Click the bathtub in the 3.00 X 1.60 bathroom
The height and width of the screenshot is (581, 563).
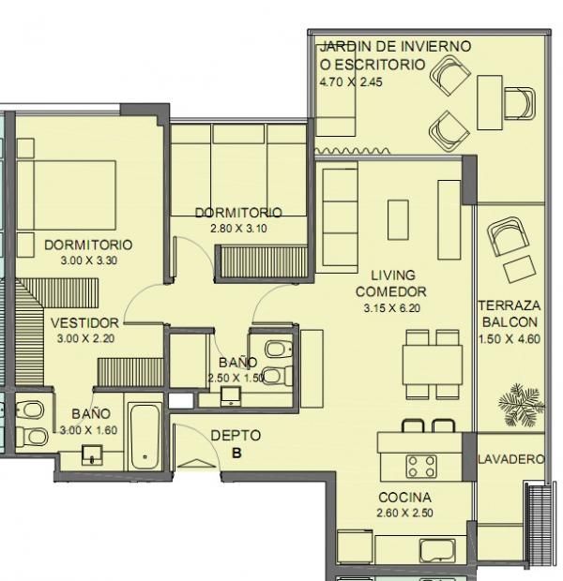(145, 438)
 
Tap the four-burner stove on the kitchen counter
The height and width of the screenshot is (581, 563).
(421, 466)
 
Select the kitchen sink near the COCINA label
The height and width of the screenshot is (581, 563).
(437, 550)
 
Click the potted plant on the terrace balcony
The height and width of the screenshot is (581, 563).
(522, 406)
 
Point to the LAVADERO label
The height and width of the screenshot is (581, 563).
(511, 459)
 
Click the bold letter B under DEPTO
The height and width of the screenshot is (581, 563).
(236, 453)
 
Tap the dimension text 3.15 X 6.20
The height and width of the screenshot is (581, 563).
(391, 308)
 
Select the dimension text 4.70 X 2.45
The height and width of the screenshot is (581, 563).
(351, 82)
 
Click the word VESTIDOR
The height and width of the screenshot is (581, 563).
(84, 323)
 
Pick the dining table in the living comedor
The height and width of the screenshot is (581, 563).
(433, 365)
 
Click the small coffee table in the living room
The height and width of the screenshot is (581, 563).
(398, 219)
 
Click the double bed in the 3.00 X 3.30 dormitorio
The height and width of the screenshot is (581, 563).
(67, 195)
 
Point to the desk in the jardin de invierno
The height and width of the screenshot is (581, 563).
(490, 103)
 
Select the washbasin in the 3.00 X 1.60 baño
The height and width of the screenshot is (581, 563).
(92, 454)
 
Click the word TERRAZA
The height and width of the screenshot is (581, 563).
(510, 305)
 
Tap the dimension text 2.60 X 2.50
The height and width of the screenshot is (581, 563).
(405, 513)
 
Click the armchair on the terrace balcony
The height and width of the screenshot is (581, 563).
(508, 236)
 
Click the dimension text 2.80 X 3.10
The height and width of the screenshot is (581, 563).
(238, 229)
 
